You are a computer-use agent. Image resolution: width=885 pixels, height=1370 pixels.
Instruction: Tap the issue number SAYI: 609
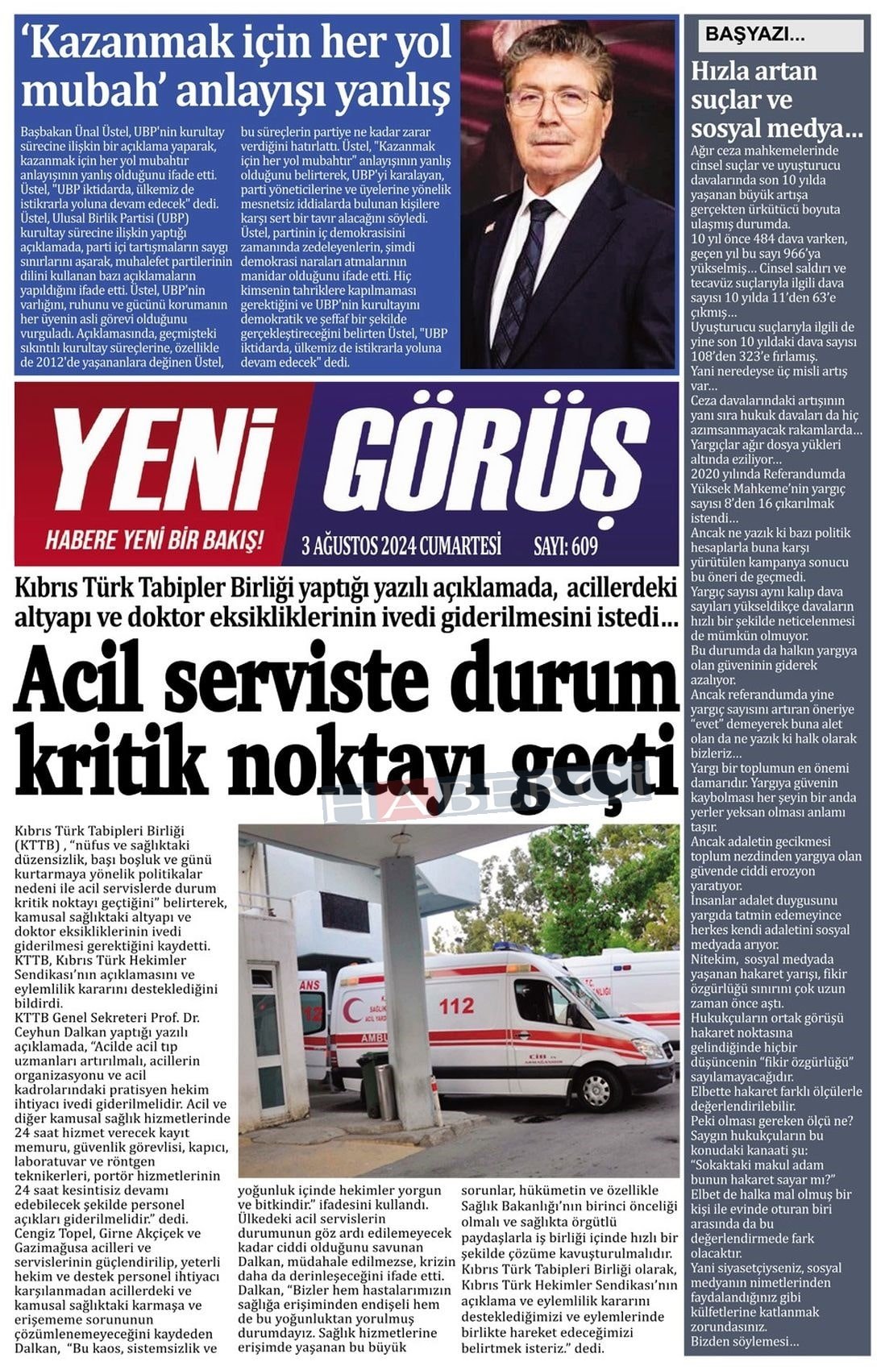pyautogui.click(x=565, y=547)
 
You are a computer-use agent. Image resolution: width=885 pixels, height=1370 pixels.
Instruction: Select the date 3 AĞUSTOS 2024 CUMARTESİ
pyautogui.click(x=401, y=546)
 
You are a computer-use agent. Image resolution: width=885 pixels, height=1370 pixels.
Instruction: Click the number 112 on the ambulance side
pyautogui.click(x=456, y=1006)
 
